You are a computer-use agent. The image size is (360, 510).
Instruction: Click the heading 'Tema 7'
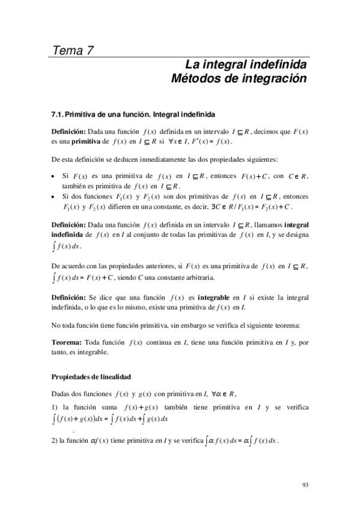[x=73, y=50]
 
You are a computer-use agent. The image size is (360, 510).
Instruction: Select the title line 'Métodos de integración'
[x=239, y=79]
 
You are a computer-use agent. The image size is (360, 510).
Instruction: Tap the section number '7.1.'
[x=58, y=113]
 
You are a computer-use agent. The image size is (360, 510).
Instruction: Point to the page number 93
[x=305, y=484]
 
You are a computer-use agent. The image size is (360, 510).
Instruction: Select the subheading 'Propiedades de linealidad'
[x=90, y=376]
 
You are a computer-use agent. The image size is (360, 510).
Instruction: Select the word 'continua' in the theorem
[x=163, y=342]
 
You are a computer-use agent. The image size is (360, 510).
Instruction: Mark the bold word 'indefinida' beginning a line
[x=67, y=233]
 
